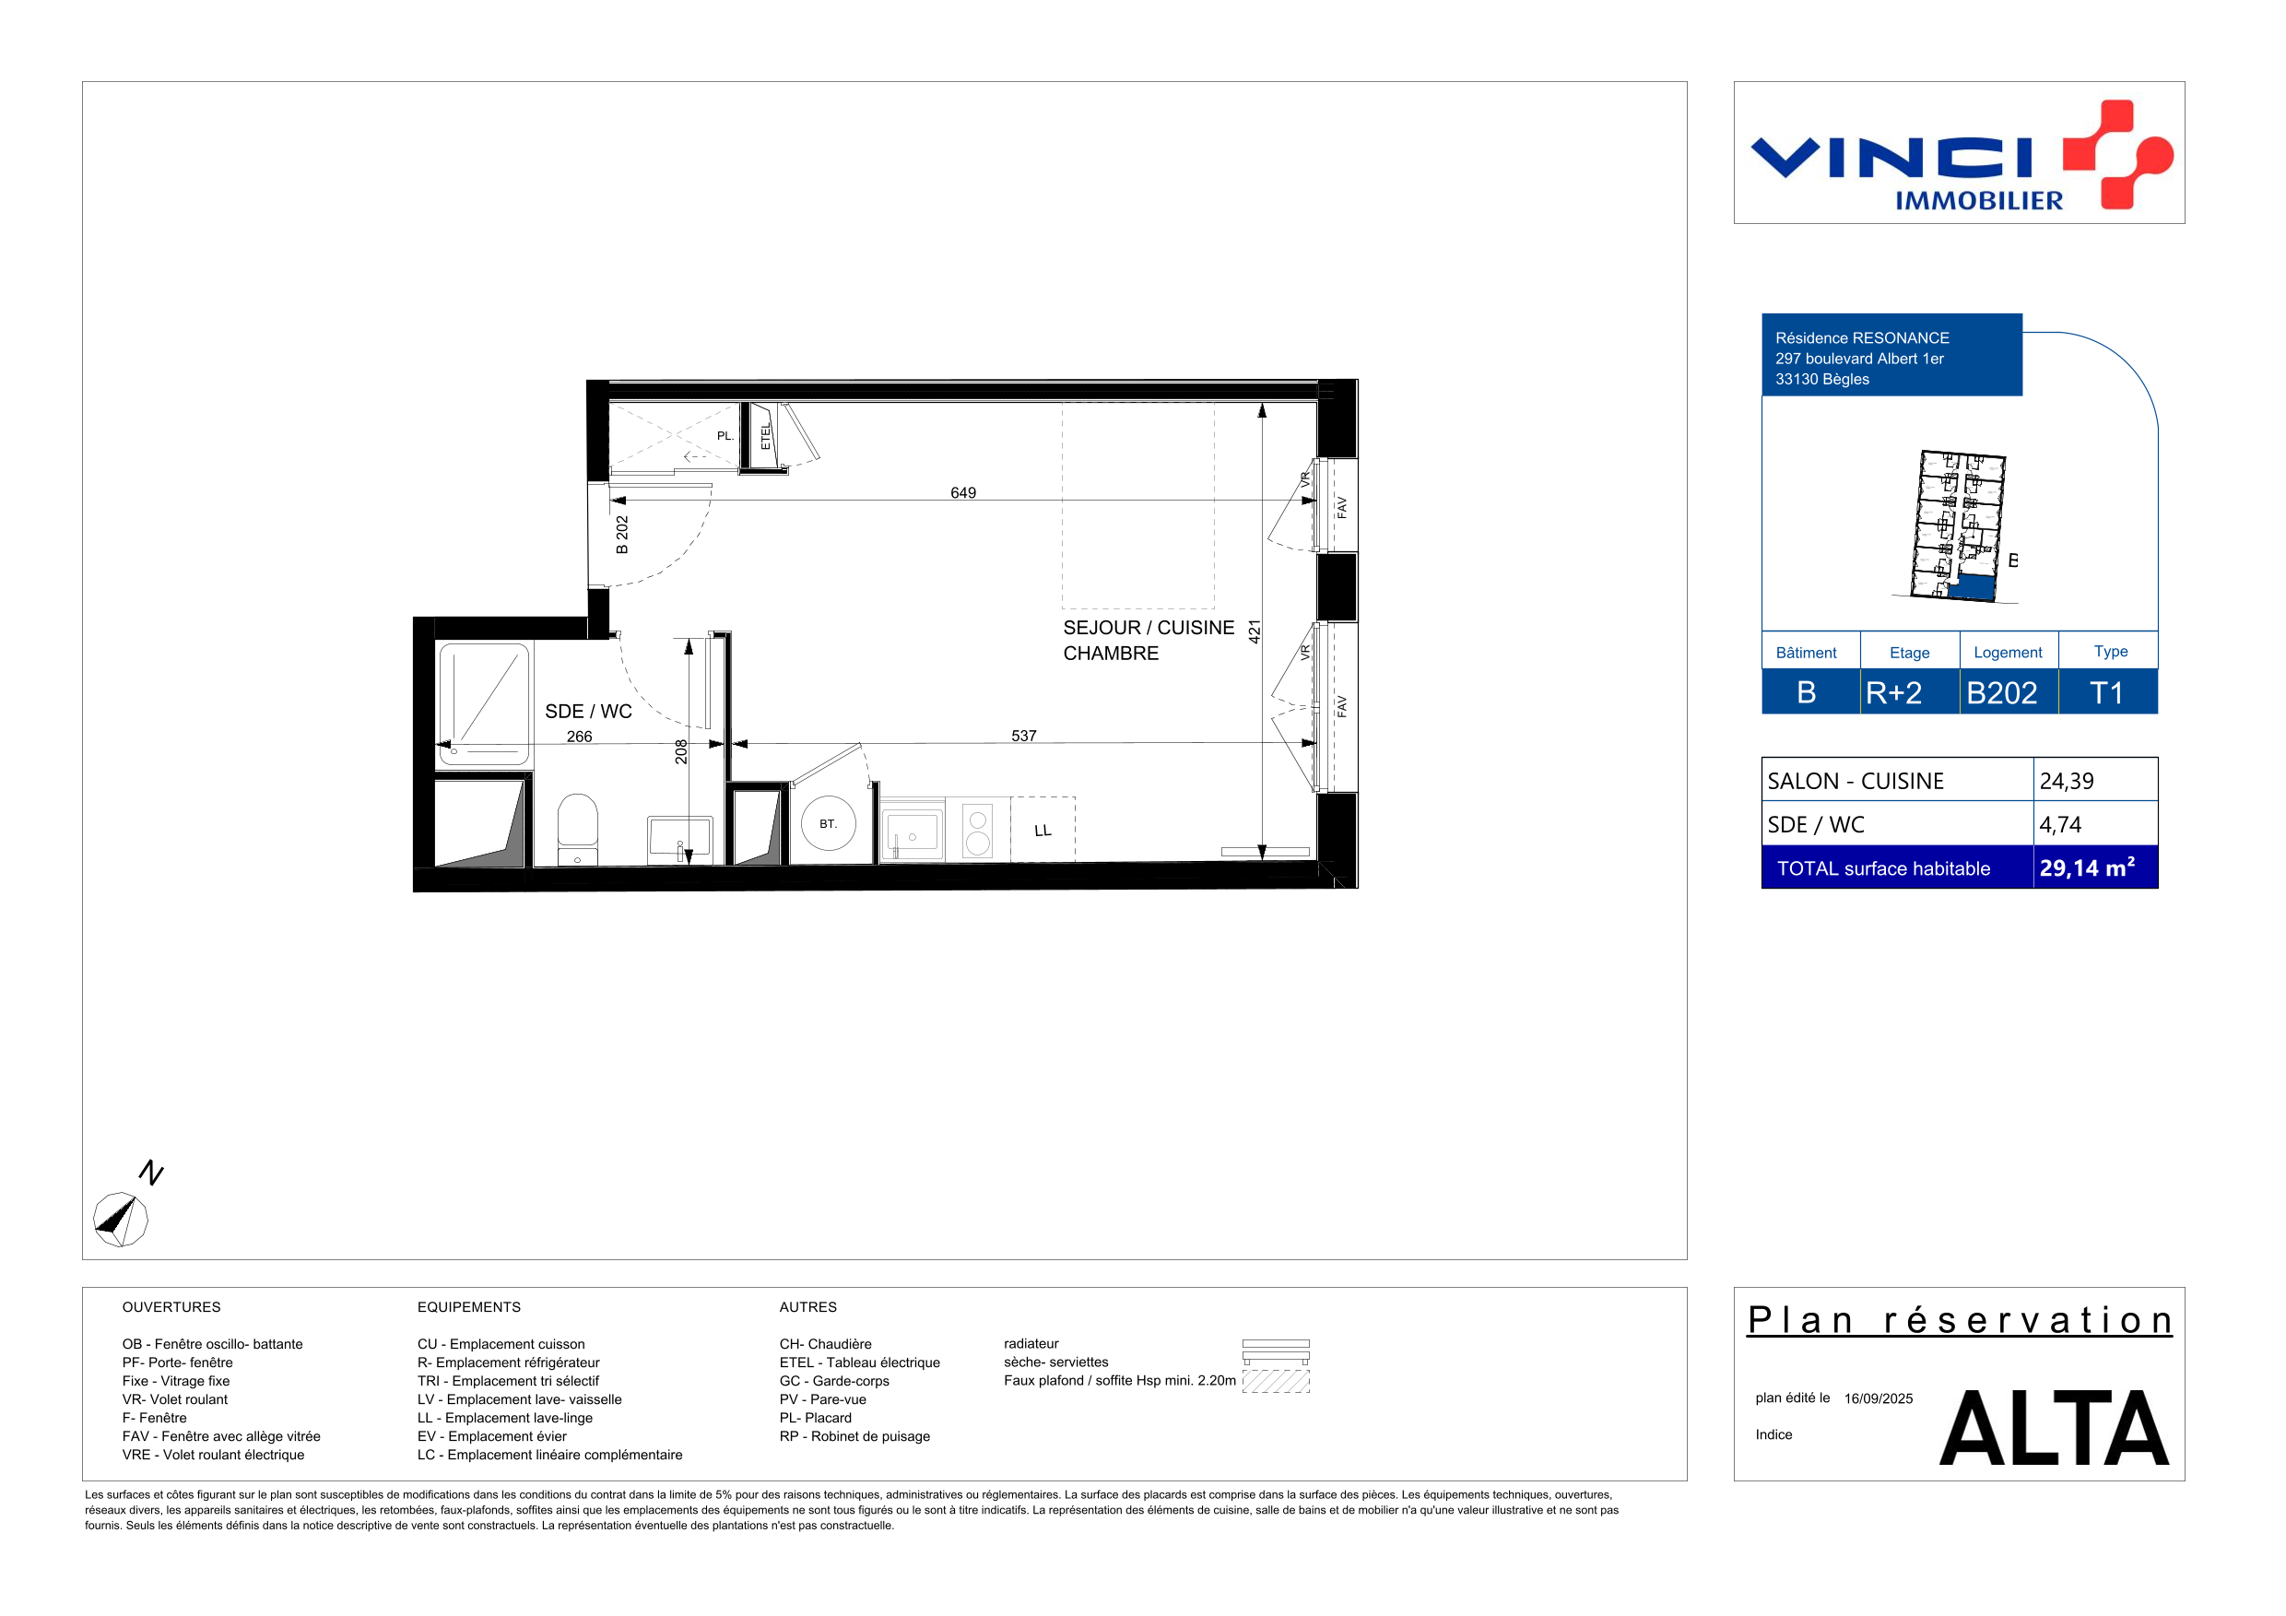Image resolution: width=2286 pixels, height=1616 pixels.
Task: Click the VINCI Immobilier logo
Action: (x=1961, y=154)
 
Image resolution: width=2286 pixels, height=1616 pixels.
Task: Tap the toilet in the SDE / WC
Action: (x=577, y=830)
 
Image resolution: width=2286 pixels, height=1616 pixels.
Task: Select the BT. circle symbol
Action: (x=829, y=823)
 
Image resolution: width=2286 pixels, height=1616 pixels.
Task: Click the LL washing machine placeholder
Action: (x=1043, y=830)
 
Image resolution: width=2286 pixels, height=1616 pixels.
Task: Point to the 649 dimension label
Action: (x=962, y=493)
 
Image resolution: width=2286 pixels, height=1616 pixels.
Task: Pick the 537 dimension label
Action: (x=1023, y=736)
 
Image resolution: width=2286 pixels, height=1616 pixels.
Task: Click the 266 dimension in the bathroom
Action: (x=580, y=737)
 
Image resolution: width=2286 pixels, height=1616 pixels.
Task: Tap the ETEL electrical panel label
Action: (x=765, y=437)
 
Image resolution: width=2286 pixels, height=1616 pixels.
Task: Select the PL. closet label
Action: (x=725, y=436)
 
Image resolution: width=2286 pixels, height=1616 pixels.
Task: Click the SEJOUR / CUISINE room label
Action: (x=1148, y=627)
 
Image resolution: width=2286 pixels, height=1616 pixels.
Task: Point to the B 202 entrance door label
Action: (x=622, y=535)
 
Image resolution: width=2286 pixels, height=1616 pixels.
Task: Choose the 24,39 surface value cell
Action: (x=2095, y=780)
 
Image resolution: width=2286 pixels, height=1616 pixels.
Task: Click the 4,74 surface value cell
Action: (x=2095, y=823)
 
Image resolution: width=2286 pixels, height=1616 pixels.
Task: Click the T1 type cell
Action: (x=2107, y=692)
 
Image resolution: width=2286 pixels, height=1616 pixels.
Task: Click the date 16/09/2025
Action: (x=1878, y=1398)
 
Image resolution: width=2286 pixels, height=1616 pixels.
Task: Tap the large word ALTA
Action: (x=2053, y=1428)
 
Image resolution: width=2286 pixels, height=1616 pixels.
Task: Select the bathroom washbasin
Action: (x=679, y=836)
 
